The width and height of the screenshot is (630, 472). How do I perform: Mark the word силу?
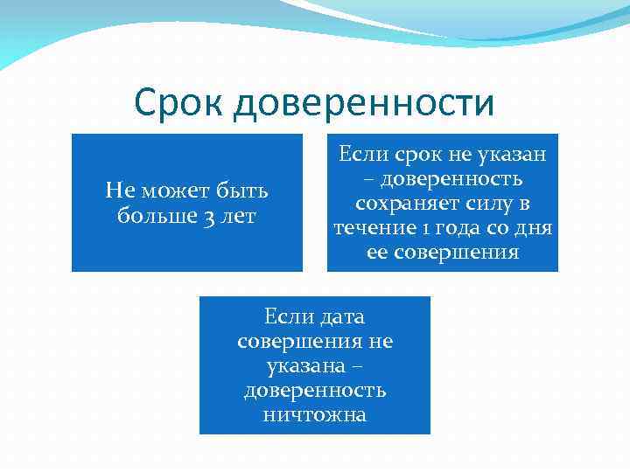488,204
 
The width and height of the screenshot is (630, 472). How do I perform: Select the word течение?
374,228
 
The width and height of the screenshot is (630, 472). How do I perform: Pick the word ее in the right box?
378,253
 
